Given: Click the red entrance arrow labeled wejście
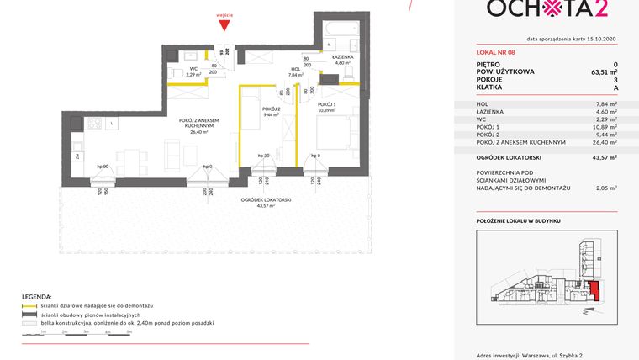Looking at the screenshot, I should pos(224,26).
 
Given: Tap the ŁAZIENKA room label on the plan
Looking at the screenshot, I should pos(342,58).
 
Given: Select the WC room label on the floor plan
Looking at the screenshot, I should pos(193,71).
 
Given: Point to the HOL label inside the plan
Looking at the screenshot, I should pos(295,70).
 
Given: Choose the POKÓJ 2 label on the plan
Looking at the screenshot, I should pos(270,109).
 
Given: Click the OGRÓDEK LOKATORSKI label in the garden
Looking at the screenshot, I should pos(266,199).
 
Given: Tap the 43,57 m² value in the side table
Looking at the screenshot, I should pos(604,156).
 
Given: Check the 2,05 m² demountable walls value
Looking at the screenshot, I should pos(604,188).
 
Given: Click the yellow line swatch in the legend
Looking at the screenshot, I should pos(29,306).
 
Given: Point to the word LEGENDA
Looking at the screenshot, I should pos(37,297).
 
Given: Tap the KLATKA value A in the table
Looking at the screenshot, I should pos(615,88).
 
